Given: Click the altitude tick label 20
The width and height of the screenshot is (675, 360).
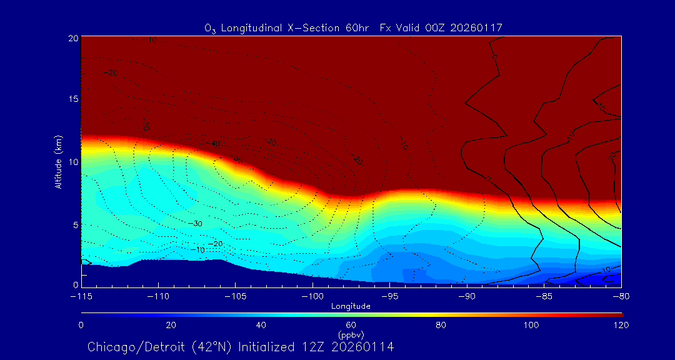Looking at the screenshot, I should (72, 38).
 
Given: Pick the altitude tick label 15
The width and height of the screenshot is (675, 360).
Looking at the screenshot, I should (72, 100).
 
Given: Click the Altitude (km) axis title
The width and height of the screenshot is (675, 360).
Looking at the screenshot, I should (58, 161).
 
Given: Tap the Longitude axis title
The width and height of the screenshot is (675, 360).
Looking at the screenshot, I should (351, 306).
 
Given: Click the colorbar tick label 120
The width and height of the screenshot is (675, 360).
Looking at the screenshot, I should (621, 325).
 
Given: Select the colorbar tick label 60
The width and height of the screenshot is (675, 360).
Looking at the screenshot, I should (351, 325).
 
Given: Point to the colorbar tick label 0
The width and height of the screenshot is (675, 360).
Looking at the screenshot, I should (81, 325).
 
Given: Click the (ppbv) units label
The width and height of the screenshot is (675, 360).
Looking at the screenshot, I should (351, 335).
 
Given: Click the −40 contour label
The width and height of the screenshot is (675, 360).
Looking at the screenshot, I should (215, 144).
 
